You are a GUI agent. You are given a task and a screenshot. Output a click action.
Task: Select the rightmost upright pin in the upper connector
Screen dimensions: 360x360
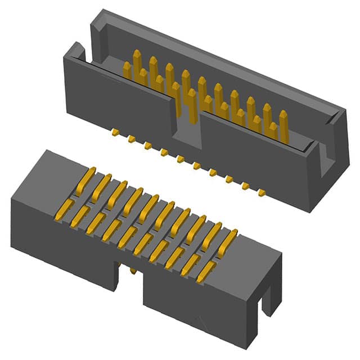pyautogui.click(x=283, y=125)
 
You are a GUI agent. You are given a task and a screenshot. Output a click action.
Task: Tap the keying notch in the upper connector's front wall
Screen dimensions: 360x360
pyautogui.click(x=186, y=127)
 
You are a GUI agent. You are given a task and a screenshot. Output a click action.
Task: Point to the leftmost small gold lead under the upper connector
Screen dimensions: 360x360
pyautogui.click(x=115, y=133)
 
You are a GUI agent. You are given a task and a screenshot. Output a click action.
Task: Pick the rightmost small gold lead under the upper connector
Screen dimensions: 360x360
pyautogui.click(x=262, y=193)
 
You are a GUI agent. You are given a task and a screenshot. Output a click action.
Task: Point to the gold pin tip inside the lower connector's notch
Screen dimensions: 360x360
pyautogui.click(x=133, y=272)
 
